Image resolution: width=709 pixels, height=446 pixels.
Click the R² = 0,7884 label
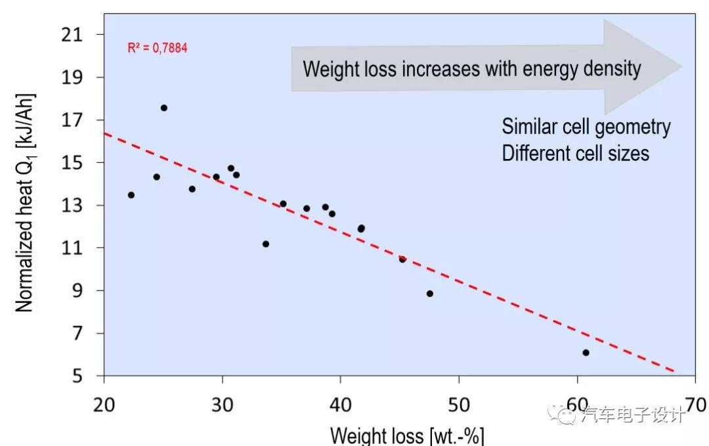(158, 48)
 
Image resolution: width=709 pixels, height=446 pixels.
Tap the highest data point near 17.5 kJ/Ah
(164, 108)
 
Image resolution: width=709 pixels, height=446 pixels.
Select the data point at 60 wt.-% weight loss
(586, 353)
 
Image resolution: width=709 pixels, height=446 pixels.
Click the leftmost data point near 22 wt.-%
(131, 195)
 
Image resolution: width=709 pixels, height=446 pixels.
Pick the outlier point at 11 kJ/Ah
(266, 244)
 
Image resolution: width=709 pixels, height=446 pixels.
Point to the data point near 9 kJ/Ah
(430, 294)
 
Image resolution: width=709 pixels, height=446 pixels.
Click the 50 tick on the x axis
(458, 403)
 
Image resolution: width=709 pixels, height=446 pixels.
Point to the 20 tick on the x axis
(104, 403)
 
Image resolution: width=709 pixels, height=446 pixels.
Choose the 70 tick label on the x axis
(694, 403)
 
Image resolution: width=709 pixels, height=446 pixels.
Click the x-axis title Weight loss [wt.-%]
(407, 435)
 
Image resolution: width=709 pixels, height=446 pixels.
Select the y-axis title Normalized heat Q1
(25, 202)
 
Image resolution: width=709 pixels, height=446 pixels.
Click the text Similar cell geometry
(586, 126)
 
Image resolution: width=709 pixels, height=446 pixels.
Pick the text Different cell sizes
(575, 152)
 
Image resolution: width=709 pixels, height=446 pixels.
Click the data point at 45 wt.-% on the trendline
(402, 259)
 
